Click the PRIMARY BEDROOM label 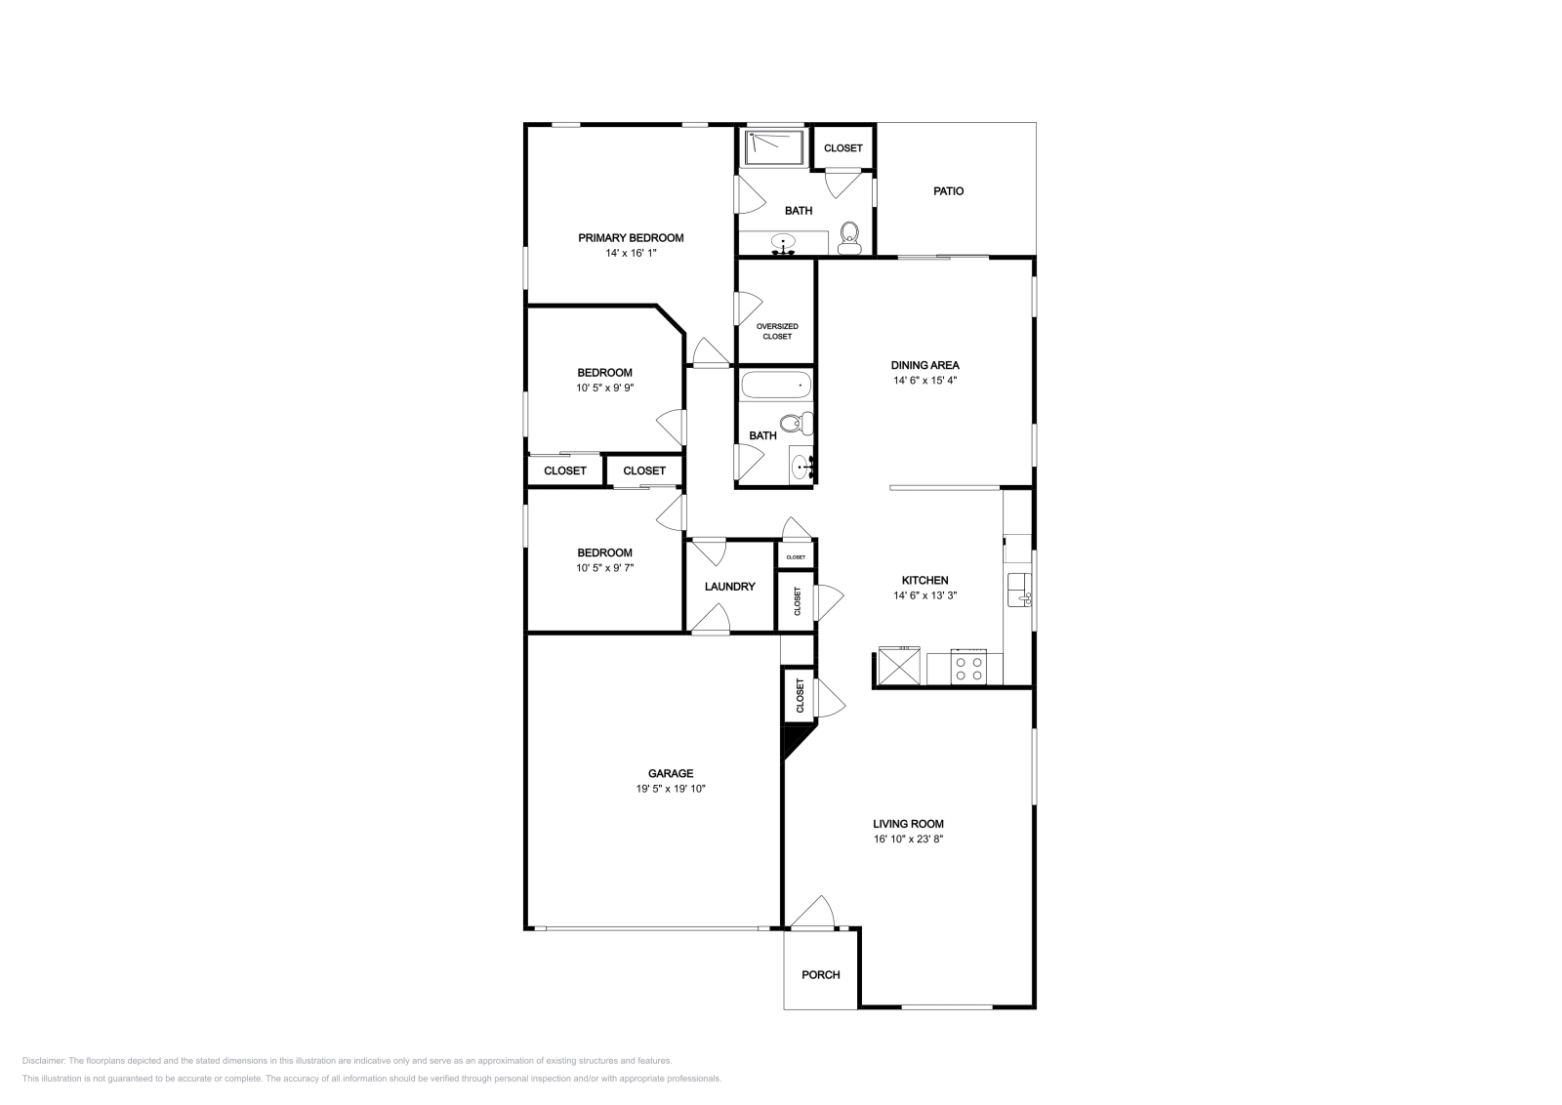pos(631,237)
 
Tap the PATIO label pos(948,191)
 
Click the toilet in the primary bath pos(849,236)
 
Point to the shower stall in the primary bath pos(773,147)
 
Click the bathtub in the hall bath pos(776,386)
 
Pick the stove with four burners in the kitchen pos(969,669)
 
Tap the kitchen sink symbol pos(1018,589)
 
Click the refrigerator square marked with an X pos(898,668)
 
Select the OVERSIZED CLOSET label pos(777,331)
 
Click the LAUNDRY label pos(730,587)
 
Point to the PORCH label pos(820,974)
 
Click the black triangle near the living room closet pos(792,740)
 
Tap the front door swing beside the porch pos(812,913)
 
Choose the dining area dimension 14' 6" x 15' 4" pos(925,381)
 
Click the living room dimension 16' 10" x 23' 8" pos(908,839)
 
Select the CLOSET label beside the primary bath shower pos(843,148)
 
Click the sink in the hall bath pos(801,467)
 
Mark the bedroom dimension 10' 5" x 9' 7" pos(604,567)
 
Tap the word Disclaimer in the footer pos(43,1060)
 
